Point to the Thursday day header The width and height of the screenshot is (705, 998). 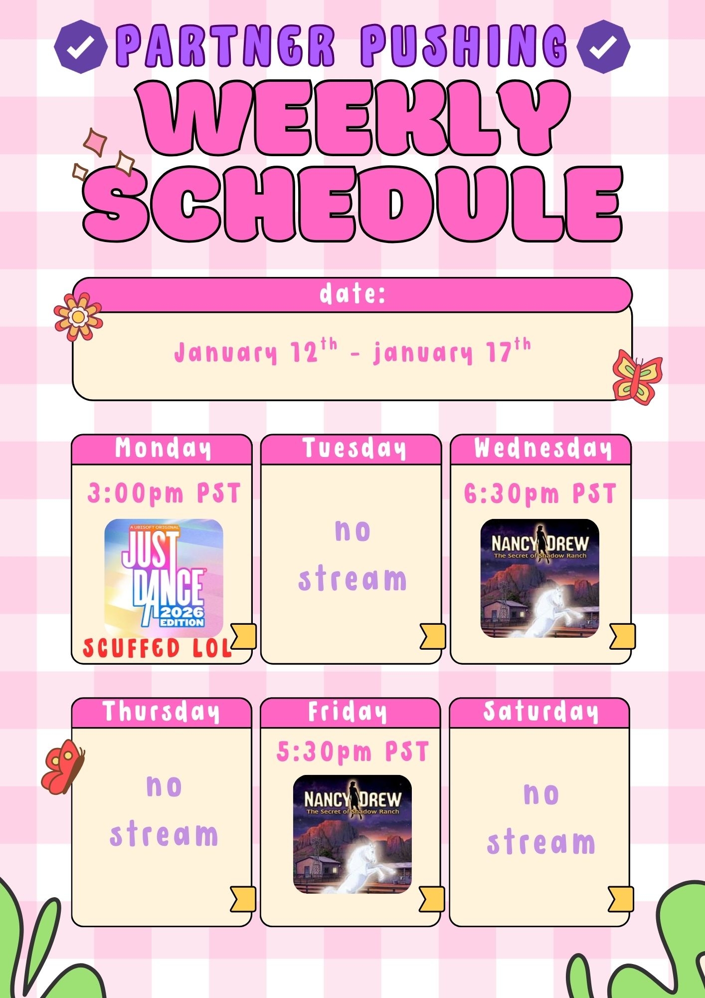click(x=162, y=713)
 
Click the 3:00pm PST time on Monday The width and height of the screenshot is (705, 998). click(x=164, y=494)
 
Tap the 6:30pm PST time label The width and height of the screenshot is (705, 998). click(x=540, y=494)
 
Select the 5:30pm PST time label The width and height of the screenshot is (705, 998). click(x=352, y=752)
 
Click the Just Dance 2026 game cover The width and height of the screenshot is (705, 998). click(x=164, y=578)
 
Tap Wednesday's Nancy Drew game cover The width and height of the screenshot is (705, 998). click(x=540, y=578)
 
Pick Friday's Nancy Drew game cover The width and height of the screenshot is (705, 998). click(x=352, y=834)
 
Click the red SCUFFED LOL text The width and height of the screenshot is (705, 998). click(x=158, y=648)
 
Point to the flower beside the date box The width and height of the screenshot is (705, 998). click(x=78, y=317)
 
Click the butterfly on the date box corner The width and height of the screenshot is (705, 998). click(x=637, y=377)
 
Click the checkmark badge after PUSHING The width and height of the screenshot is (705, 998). click(x=603, y=46)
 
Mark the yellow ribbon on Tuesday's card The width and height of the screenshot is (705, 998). click(x=433, y=636)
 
